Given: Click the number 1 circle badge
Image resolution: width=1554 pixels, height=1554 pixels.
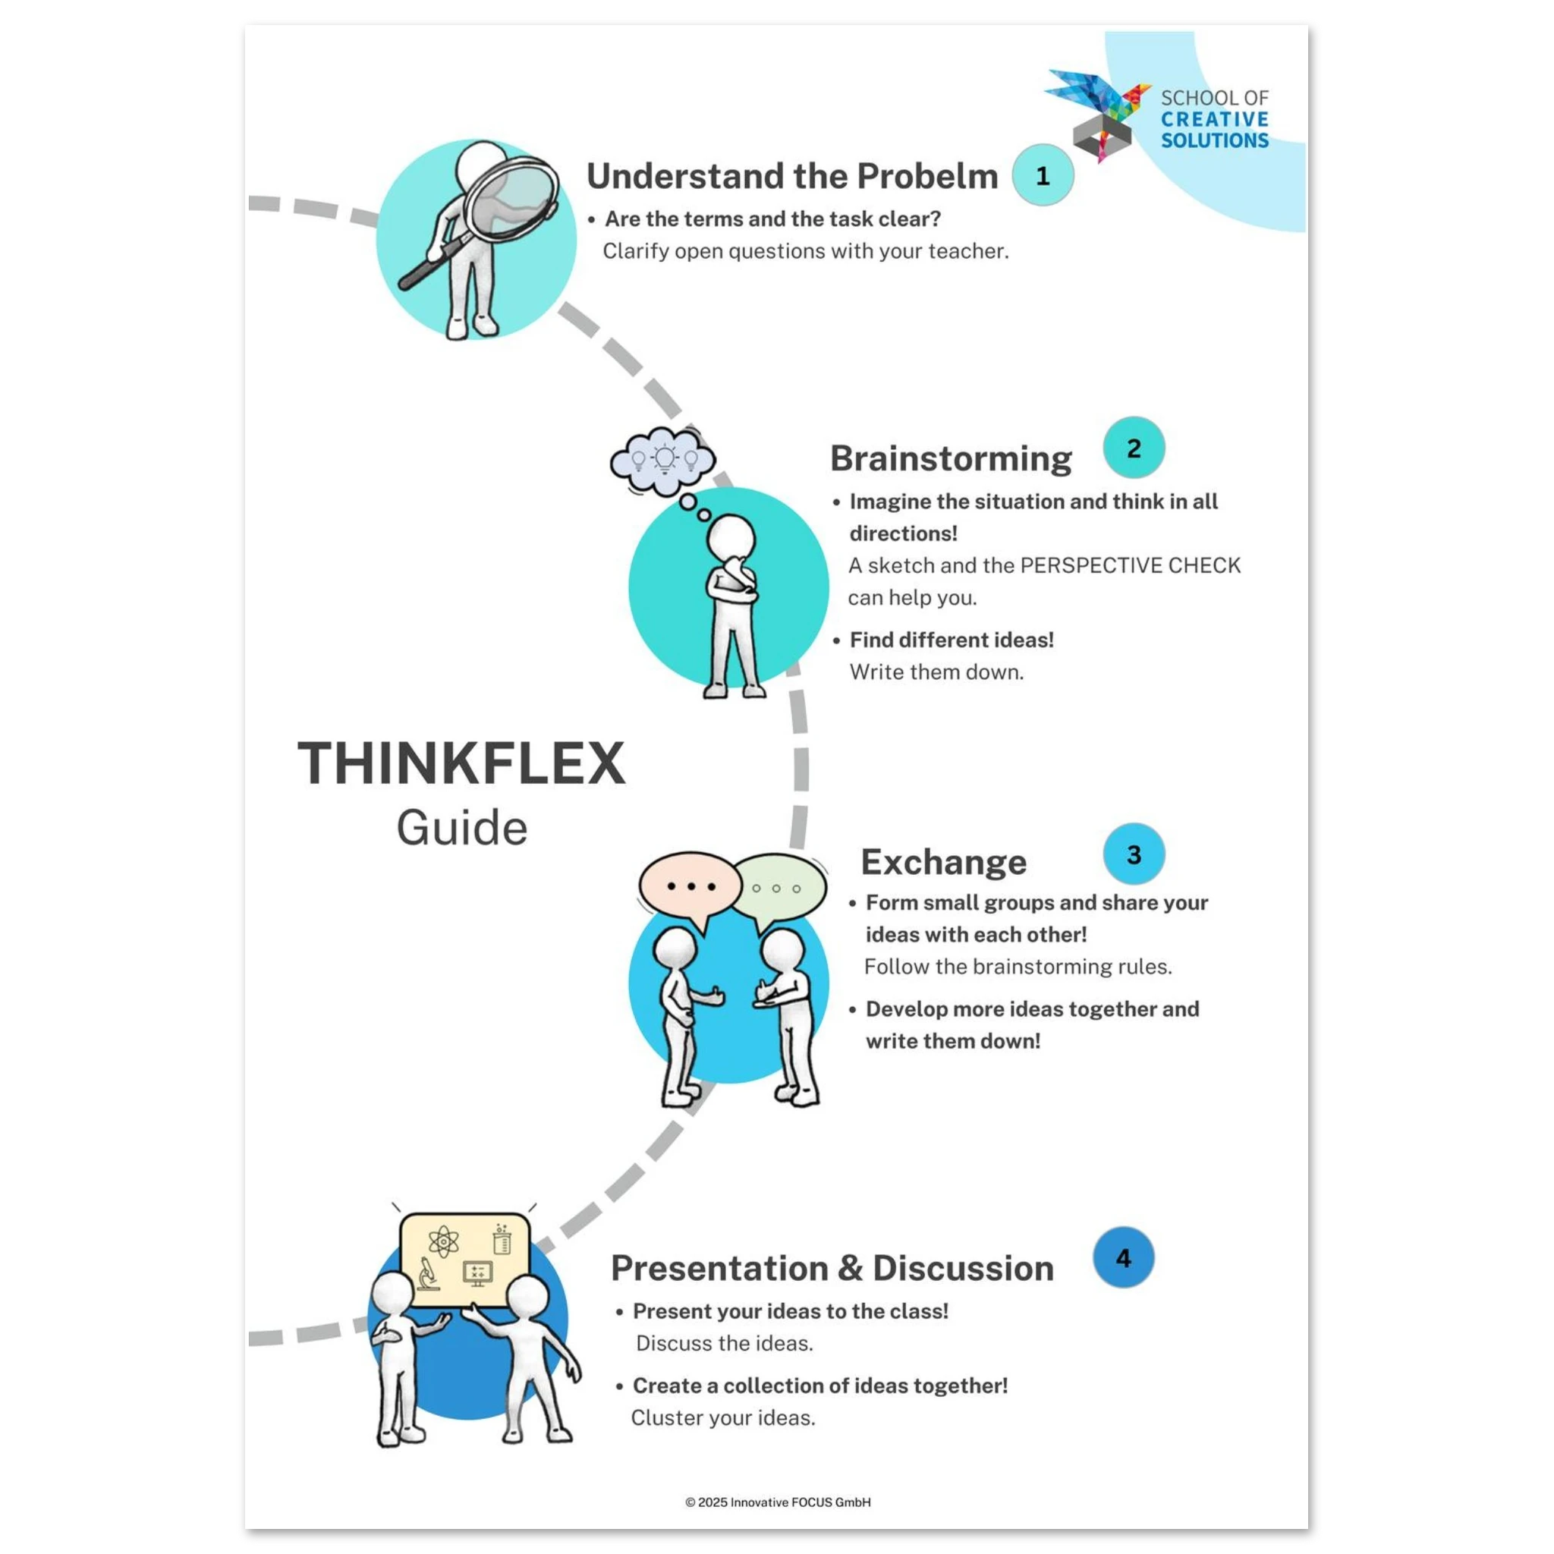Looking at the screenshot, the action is pyautogui.click(x=1043, y=175).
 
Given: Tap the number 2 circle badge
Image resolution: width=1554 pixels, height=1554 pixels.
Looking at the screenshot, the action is pyautogui.click(x=1134, y=448).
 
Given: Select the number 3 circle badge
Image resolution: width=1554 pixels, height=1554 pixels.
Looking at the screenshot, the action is pyautogui.click(x=1134, y=854).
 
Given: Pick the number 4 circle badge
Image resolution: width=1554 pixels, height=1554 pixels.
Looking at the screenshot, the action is pyautogui.click(x=1124, y=1257).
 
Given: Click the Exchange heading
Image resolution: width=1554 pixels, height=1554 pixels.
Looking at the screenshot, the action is pyautogui.click(x=943, y=862).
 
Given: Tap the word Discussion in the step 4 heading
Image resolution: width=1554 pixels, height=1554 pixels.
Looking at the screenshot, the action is pyautogui.click(x=963, y=1269).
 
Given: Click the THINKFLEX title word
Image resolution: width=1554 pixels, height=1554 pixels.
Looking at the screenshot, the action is pyautogui.click(x=461, y=763).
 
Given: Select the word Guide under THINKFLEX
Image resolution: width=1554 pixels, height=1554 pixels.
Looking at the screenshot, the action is pyautogui.click(x=461, y=829).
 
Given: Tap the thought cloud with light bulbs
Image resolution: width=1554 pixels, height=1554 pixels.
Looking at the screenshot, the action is pyautogui.click(x=662, y=461).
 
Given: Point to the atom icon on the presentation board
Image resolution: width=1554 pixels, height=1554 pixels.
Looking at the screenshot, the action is pyautogui.click(x=443, y=1242).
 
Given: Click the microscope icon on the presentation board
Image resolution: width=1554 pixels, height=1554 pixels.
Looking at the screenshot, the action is pyautogui.click(x=429, y=1274).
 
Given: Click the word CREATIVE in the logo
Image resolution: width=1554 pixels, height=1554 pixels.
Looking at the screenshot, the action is pyautogui.click(x=1215, y=120).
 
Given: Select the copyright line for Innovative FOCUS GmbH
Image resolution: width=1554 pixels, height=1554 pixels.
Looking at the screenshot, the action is pyautogui.click(x=778, y=1502).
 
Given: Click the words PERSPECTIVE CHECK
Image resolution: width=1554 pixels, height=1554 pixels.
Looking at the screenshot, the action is pyautogui.click(x=1130, y=565).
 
